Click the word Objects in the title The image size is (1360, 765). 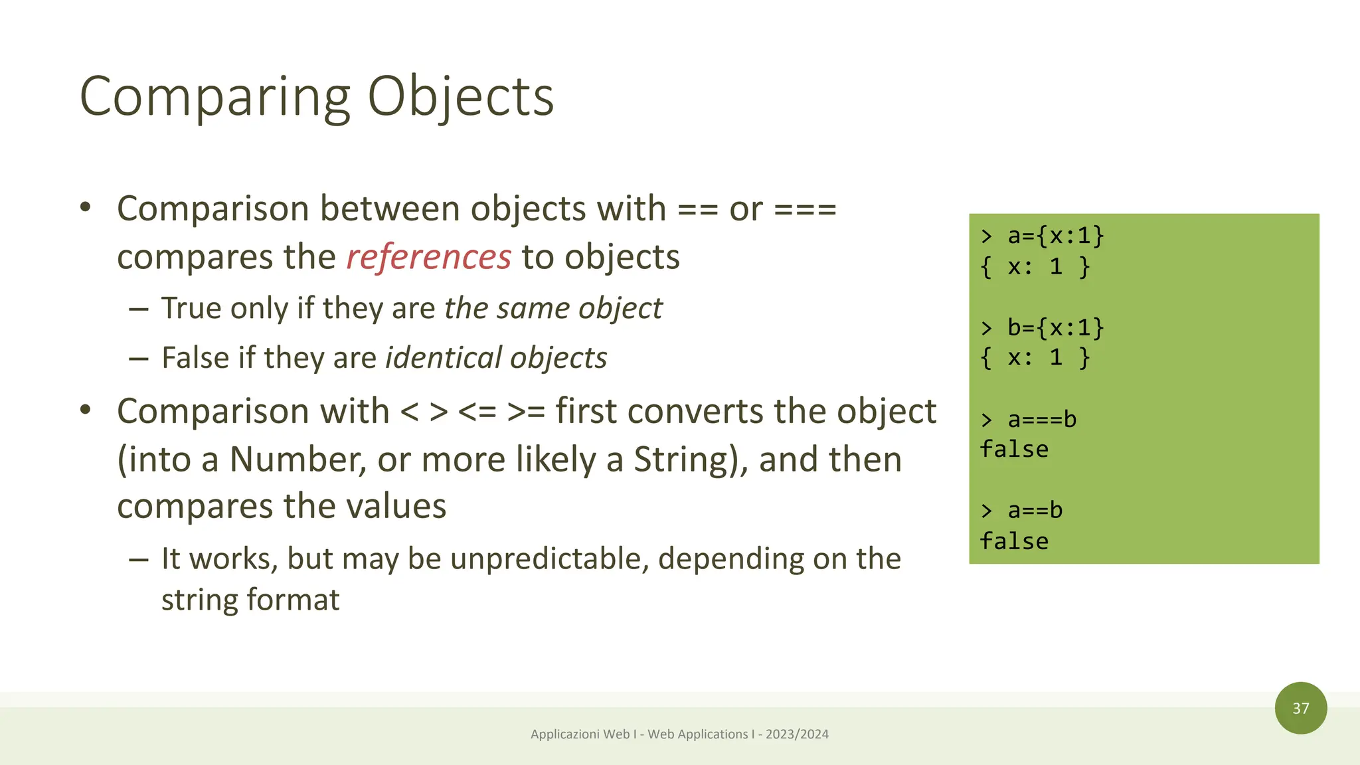click(x=460, y=97)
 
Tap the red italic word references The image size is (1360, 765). click(x=428, y=257)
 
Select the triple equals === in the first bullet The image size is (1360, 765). click(x=805, y=210)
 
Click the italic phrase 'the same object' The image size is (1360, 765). click(x=552, y=308)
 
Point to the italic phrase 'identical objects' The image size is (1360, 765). click(x=496, y=358)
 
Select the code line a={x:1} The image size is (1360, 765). click(x=1055, y=236)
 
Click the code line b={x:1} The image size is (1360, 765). click(x=1055, y=327)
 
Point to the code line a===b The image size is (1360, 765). click(x=1041, y=420)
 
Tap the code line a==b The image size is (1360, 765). click(x=1035, y=511)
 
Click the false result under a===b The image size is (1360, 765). click(x=1014, y=450)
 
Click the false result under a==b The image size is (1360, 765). click(x=1014, y=541)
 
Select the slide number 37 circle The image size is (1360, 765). click(x=1300, y=708)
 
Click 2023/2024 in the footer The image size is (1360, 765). click(x=797, y=734)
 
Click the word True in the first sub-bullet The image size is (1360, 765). click(x=190, y=308)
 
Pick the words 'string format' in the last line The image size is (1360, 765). click(x=250, y=600)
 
